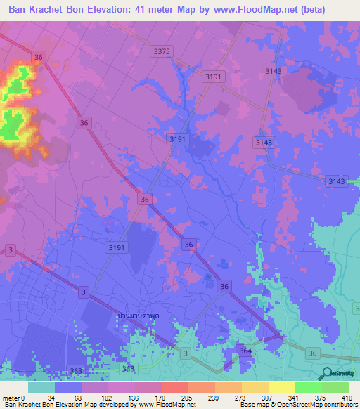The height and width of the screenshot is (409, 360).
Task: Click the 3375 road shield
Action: pyautogui.click(x=162, y=51)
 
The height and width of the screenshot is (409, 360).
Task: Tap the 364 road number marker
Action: pyautogui.click(x=245, y=351)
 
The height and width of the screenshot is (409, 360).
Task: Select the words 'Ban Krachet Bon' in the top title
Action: pyautogui.click(x=51, y=9)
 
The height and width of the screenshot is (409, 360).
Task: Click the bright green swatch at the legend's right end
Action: pyautogui.click(x=335, y=387)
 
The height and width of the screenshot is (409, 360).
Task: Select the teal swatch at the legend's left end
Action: pyautogui.click(x=41, y=387)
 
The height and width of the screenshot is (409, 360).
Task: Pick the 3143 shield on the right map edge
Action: pyautogui.click(x=336, y=182)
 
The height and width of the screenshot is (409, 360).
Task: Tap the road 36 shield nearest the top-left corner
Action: pyautogui.click(x=38, y=57)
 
